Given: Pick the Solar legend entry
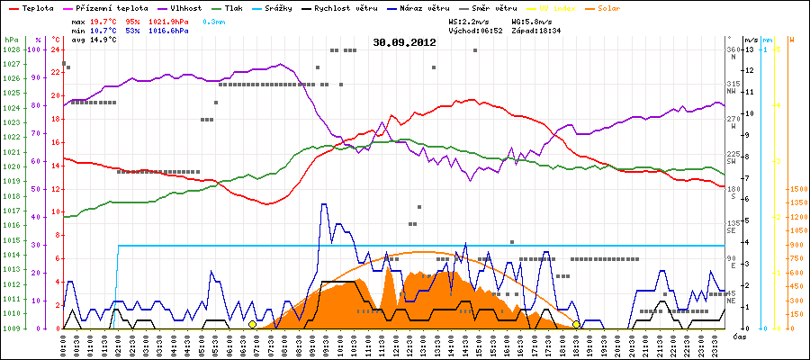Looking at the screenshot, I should click(x=608, y=8).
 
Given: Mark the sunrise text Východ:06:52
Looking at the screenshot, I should click(x=476, y=31).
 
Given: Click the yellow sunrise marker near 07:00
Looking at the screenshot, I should click(x=253, y=324).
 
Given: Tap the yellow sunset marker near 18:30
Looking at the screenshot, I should click(x=576, y=324).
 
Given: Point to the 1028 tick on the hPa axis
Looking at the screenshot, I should click(x=11, y=49).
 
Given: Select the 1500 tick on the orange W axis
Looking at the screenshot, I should click(x=796, y=189).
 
